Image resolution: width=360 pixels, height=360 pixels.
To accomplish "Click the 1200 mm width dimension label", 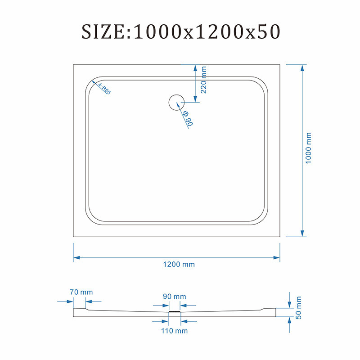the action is (179, 265).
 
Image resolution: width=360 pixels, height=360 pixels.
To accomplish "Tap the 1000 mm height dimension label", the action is (308, 148).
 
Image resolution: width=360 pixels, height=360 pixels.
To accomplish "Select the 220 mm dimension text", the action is (204, 80).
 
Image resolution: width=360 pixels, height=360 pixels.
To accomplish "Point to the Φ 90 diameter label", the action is (188, 118).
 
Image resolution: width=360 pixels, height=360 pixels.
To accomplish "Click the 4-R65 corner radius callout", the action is (104, 89).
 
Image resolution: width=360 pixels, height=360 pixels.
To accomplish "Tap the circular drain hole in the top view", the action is (176, 103).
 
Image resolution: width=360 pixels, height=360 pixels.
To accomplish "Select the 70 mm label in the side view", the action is (81, 292).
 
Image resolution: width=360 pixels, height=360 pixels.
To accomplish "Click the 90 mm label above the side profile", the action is (175, 297).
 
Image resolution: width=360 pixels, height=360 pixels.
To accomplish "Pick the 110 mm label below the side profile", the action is (174, 331).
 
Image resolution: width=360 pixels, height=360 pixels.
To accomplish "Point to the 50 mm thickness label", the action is (298, 308).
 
